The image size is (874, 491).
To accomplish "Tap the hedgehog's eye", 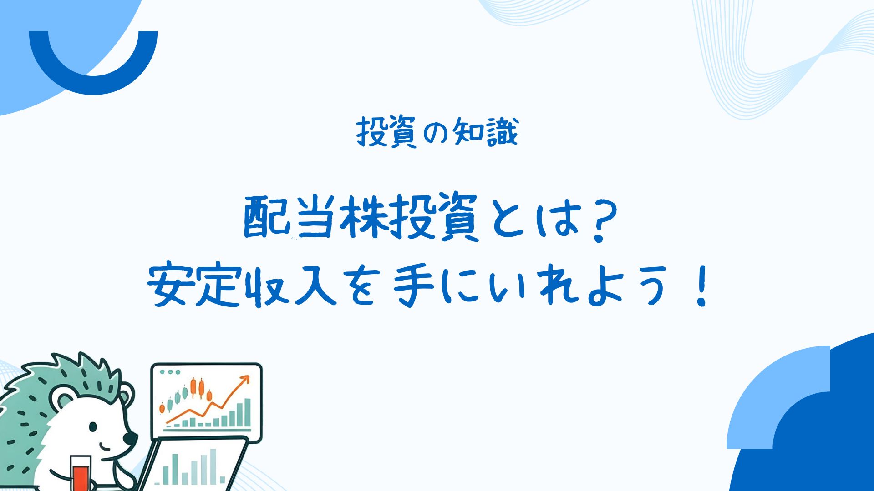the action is pos(93,427).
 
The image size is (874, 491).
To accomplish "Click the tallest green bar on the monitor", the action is pos(247,413).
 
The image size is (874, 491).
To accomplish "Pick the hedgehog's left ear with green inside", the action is pos(62,400).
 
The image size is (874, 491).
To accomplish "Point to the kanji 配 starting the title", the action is pos(266,217).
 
